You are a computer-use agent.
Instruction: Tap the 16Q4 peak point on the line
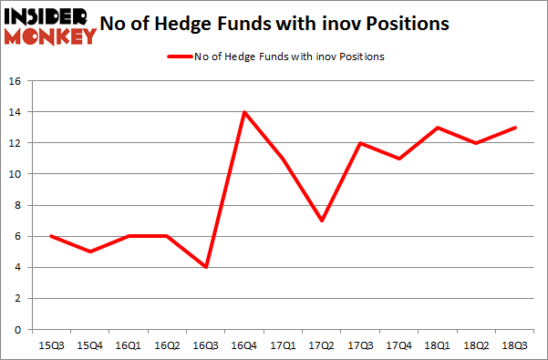coord(244,112)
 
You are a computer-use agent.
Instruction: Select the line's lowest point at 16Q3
coord(206,267)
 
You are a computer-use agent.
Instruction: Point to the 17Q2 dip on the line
coord(322,221)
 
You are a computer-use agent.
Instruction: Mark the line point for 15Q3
coord(51,236)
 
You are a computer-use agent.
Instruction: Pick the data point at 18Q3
coord(515,128)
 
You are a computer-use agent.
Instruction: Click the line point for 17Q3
coord(361,143)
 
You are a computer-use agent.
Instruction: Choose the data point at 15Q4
coord(89,252)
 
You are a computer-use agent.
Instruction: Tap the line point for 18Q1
coord(439,128)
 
